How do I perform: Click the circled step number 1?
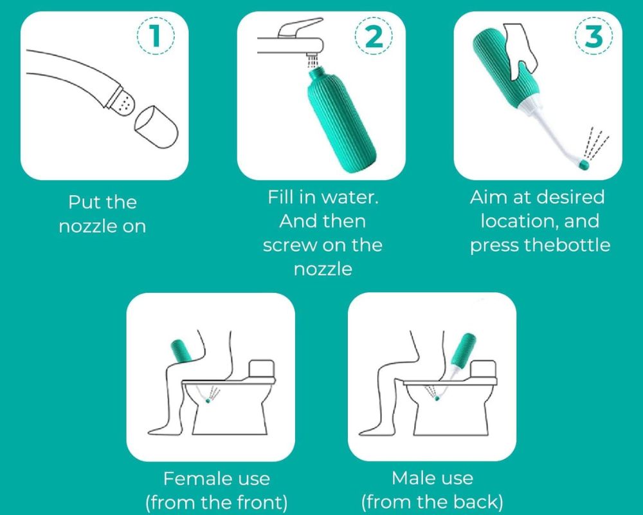pyautogui.click(x=155, y=36)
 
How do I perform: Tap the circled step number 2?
pyautogui.click(x=374, y=36)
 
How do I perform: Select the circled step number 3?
pyautogui.click(x=594, y=36)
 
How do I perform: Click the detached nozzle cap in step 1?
pyautogui.click(x=157, y=127)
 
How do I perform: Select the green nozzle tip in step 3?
pyautogui.click(x=584, y=165)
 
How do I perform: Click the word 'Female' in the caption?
pyautogui.click(x=192, y=479)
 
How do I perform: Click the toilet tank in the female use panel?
pyautogui.click(x=262, y=370)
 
